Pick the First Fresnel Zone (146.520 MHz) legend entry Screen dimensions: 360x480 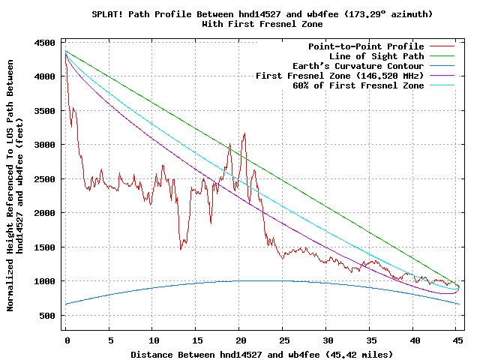click(x=340, y=76)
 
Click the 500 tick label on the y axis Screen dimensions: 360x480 click(x=46, y=316)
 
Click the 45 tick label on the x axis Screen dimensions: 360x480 click(x=456, y=340)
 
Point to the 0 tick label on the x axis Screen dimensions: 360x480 click(x=67, y=340)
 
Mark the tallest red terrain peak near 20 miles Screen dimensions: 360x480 click(x=244, y=134)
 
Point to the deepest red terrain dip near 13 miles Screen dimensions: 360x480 click(x=181, y=248)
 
